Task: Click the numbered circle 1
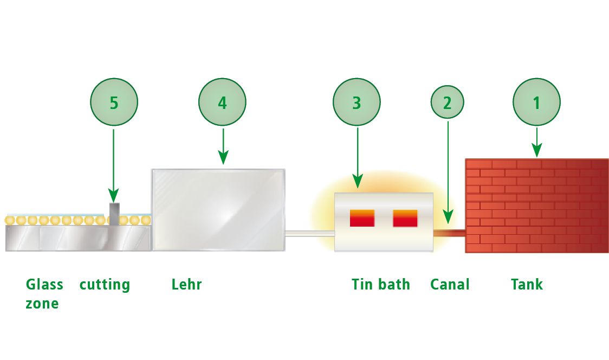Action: pos(537,102)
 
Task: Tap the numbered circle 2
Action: pos(448,102)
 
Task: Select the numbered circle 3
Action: pos(357,102)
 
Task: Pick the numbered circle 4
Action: pos(222,102)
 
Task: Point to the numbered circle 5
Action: pos(114,102)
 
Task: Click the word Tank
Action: pos(527,284)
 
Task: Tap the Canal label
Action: pos(450,284)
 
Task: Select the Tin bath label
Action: pos(381,284)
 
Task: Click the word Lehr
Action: pos(186,284)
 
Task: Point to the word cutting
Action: pos(105,285)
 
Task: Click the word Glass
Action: pos(44,284)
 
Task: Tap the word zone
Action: pos(42,303)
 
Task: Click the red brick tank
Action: pos(536,205)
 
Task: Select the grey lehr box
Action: pos(218,210)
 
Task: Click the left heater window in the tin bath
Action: pos(362,218)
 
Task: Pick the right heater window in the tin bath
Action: pos(405,218)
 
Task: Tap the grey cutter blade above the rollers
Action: pos(114,214)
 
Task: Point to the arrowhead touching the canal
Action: pos(448,218)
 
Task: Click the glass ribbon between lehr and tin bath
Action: pos(309,234)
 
